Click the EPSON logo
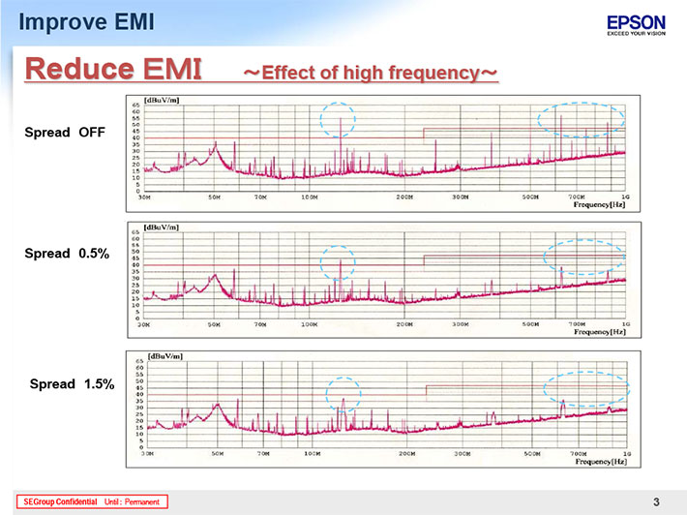click(636, 21)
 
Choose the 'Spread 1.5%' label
click(73, 384)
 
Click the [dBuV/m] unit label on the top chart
click(160, 100)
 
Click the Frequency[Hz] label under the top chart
click(600, 206)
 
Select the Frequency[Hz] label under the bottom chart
click(601, 462)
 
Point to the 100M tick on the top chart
click(310, 197)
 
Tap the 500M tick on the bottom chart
click(532, 452)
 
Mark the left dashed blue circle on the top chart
click(338, 119)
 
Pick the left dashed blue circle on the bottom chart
click(343, 394)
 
